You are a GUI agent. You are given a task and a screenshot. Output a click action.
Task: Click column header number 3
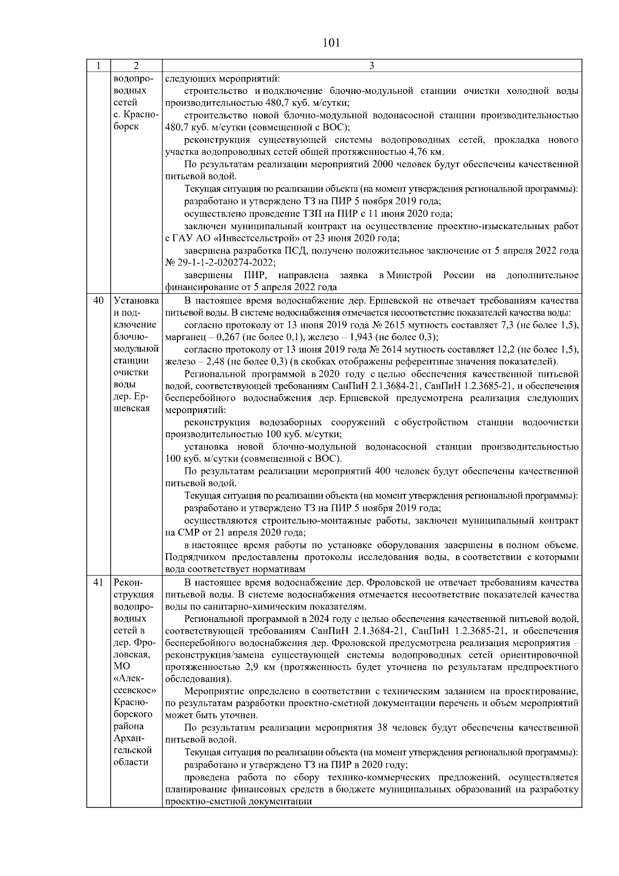coord(372,66)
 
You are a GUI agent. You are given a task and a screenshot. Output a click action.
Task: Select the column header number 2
coord(136,66)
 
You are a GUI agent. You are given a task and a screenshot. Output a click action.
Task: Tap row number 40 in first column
coord(99,300)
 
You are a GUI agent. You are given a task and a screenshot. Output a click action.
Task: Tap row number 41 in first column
coord(99,583)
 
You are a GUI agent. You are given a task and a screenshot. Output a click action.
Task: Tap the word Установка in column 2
coord(136,300)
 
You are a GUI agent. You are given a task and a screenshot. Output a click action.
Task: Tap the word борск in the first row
coord(126,127)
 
